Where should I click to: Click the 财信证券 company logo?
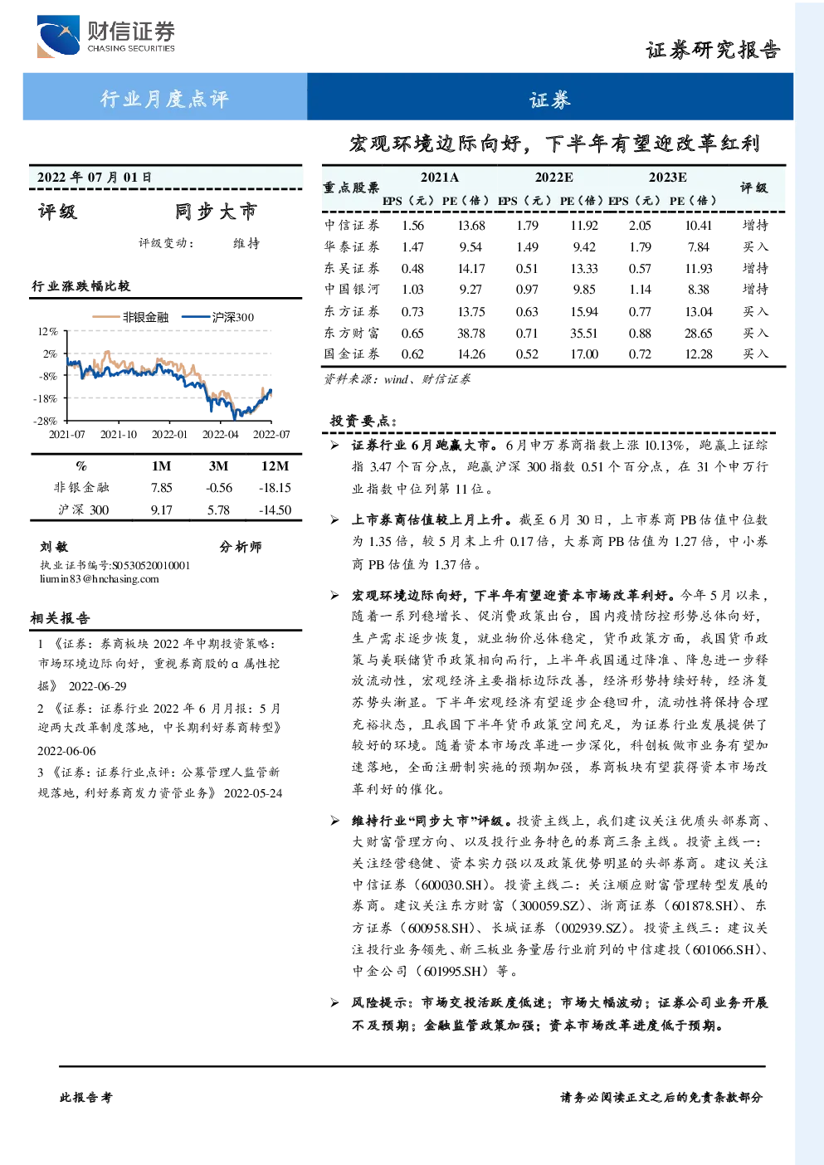click(x=106, y=36)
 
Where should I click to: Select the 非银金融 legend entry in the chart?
click(x=130, y=317)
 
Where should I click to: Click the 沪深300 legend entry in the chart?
click(x=218, y=317)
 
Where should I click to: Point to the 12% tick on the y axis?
click(x=47, y=331)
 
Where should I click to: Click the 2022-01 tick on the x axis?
click(x=169, y=434)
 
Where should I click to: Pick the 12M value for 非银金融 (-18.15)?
click(x=275, y=488)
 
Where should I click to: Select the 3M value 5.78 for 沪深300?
click(x=218, y=510)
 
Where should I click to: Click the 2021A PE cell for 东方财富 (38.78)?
click(x=471, y=334)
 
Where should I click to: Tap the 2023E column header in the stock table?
click(x=667, y=178)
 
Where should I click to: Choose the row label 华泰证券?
click(x=352, y=246)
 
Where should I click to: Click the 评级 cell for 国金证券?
click(x=755, y=354)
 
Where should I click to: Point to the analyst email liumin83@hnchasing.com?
click(x=100, y=579)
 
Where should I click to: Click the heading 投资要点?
click(x=363, y=421)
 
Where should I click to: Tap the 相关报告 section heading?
click(x=61, y=618)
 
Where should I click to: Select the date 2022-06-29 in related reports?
click(x=97, y=686)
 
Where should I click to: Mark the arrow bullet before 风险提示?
click(x=334, y=1002)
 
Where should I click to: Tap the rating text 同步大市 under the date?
click(x=216, y=212)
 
